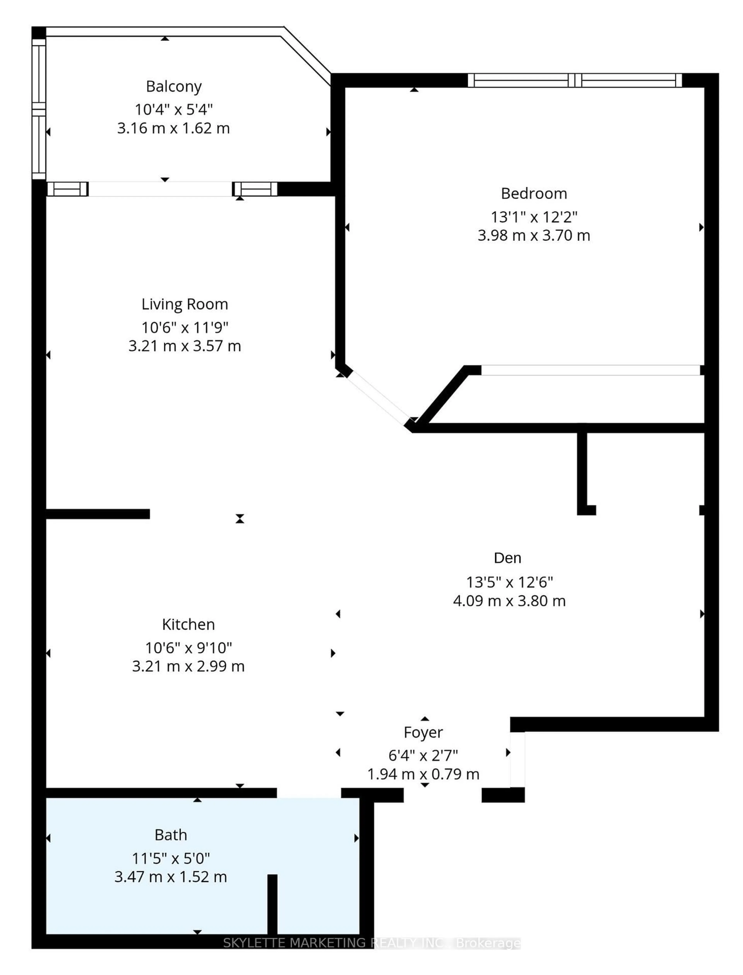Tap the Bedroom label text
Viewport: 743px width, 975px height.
tap(534, 193)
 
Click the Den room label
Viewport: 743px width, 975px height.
tap(507, 558)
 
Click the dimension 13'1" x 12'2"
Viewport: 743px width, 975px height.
tap(534, 217)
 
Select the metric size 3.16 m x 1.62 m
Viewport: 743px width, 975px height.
tap(173, 128)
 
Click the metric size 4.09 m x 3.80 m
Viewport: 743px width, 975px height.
tap(509, 601)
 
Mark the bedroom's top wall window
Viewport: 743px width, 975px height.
tap(574, 80)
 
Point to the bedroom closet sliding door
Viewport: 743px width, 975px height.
tap(590, 370)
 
